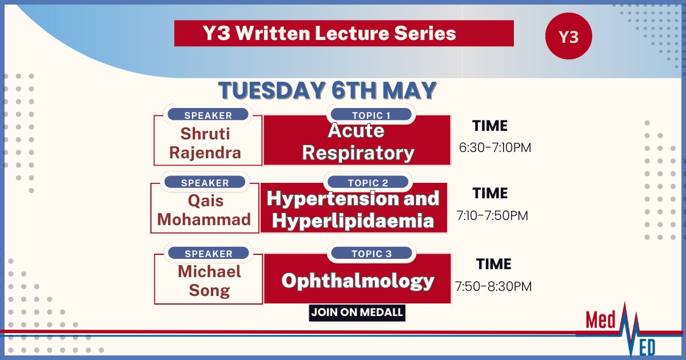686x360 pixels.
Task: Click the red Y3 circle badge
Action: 569,36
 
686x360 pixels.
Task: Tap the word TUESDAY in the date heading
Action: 272,91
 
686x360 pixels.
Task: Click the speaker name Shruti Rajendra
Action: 205,143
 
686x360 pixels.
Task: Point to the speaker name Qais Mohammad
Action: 204,210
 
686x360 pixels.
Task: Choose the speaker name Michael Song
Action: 209,281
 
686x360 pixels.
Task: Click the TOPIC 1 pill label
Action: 371,115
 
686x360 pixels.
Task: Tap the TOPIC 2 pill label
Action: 368,182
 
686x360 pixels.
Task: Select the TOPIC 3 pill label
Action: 372,253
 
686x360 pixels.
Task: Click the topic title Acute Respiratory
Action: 358,142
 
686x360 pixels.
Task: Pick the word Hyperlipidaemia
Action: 353,221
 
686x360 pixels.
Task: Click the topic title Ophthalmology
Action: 358,281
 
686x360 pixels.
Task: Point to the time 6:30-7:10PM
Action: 495,147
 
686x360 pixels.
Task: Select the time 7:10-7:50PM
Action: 492,215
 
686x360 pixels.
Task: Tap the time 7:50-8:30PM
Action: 493,286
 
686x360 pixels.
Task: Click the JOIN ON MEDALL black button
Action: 357,313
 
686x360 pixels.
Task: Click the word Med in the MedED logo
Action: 600,320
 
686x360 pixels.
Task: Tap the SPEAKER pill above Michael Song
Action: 209,253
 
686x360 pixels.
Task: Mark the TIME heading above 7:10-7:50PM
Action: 490,193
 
